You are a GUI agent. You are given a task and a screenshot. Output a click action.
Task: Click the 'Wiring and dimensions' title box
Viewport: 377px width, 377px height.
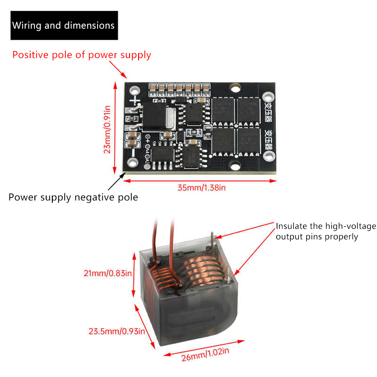pyautogui.click(x=63, y=25)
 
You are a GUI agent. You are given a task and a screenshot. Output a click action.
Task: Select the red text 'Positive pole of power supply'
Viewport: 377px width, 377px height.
pyautogui.click(x=82, y=55)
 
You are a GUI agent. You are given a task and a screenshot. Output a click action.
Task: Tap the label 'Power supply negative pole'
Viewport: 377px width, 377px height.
pyautogui.click(x=73, y=197)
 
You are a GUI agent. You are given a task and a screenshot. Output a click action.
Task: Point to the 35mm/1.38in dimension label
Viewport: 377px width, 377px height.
pyautogui.click(x=202, y=188)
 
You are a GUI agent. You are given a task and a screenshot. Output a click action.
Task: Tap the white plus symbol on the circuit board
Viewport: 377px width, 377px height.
pyautogui.click(x=135, y=100)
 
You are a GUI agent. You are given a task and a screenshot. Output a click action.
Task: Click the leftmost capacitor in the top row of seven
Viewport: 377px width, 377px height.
pyautogui.click(x=153, y=88)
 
